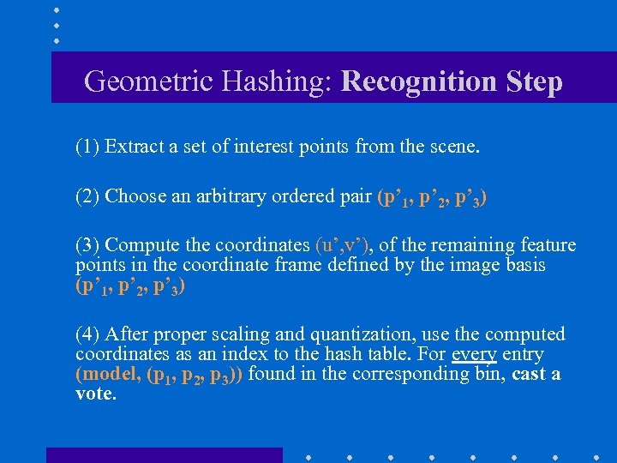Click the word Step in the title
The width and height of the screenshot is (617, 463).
coord(531,82)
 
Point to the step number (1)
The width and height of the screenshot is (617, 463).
coord(87,147)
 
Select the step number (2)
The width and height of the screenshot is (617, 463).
coord(87,196)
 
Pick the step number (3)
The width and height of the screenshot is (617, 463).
coord(87,246)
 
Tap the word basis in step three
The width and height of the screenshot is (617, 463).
coord(524,265)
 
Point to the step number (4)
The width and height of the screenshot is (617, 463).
coord(87,334)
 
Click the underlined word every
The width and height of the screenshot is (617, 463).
coord(474,354)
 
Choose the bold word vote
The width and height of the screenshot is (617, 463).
coord(94,394)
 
